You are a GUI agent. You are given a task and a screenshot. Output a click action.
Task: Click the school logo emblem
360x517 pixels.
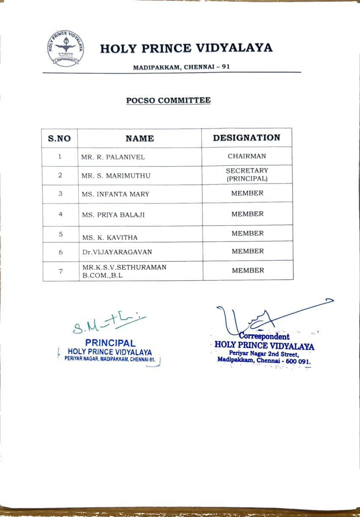click(x=66, y=49)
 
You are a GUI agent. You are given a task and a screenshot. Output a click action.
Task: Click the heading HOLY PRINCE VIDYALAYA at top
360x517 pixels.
click(x=186, y=48)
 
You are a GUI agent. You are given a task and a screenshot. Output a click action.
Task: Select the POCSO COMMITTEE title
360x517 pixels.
click(x=168, y=101)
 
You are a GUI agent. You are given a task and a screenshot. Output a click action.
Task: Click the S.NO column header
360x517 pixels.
click(x=59, y=138)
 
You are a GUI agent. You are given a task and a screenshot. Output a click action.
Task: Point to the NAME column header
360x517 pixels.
click(x=140, y=138)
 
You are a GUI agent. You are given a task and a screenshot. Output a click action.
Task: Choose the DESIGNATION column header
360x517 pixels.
click(x=246, y=138)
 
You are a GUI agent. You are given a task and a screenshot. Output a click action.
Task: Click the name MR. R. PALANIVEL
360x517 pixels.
click(x=113, y=157)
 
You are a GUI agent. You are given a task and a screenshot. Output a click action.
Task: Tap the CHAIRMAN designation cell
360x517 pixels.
click(x=247, y=156)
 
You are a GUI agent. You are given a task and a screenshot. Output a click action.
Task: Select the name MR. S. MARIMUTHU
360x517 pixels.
click(x=116, y=175)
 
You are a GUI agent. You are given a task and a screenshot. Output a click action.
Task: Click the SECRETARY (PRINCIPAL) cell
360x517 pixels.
click(x=247, y=175)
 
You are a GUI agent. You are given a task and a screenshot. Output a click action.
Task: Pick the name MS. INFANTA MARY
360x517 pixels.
click(x=115, y=194)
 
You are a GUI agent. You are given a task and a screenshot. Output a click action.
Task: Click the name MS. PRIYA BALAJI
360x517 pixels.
click(x=113, y=215)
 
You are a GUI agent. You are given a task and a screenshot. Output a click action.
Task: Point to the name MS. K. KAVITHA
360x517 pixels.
click(x=110, y=238)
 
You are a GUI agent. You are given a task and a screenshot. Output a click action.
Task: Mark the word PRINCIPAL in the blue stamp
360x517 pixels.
click(x=110, y=343)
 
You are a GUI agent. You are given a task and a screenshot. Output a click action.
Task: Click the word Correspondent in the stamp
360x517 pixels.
click(x=264, y=336)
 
